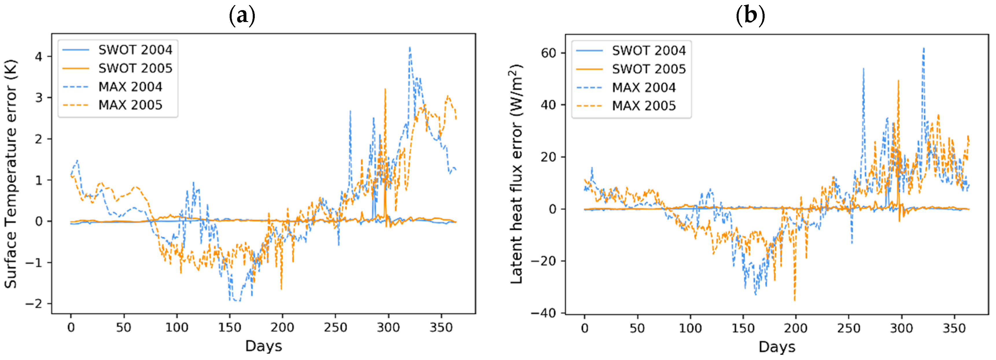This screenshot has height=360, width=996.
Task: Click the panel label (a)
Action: pos(242,15)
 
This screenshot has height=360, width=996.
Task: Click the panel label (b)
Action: pos(750,15)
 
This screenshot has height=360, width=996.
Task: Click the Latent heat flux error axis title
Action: pos(517,174)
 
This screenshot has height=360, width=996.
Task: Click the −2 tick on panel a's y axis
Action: pos(34,304)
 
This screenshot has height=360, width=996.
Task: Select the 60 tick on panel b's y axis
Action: pos(548,53)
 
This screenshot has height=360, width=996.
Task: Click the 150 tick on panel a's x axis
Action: pos(230,328)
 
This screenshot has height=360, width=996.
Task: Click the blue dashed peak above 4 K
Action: pos(410,48)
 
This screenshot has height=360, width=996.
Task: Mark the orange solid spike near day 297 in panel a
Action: pos(385,90)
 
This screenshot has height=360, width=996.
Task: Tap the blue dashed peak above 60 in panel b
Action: pos(924,49)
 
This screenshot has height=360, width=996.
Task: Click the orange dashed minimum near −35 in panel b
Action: pos(794,300)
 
